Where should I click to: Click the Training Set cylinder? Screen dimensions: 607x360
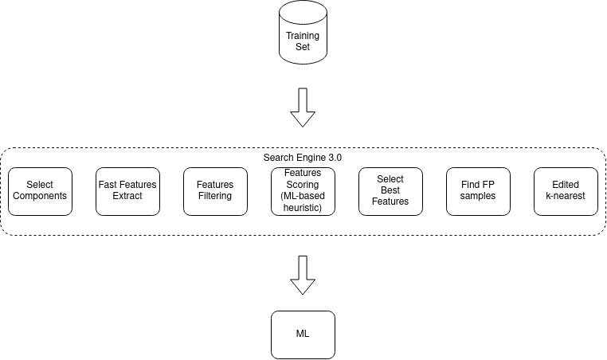tap(303, 32)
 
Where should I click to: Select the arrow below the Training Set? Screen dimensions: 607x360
tap(303, 108)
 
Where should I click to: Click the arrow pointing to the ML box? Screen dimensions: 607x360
tap(303, 276)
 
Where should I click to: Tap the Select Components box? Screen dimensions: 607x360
tap(41, 192)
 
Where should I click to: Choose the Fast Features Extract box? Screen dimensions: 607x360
tap(127, 192)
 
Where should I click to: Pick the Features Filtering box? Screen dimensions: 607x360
tap(215, 192)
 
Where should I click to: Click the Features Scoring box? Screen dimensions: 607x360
tap(303, 192)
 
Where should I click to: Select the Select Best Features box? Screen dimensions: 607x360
tap(390, 192)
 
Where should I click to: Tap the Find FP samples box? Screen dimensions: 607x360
tap(478, 192)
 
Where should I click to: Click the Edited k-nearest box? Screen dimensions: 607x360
tap(566, 192)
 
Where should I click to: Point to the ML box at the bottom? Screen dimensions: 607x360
tap(303, 335)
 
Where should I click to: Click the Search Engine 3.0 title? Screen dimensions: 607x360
tap(303, 158)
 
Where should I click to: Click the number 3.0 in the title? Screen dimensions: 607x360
tap(335, 158)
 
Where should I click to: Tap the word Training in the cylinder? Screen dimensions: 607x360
tap(303, 36)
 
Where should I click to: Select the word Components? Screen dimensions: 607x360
tap(40, 196)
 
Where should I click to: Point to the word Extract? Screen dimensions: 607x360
tap(127, 196)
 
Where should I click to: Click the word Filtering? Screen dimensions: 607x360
tap(215, 196)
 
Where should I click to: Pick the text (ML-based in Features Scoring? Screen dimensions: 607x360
tap(303, 196)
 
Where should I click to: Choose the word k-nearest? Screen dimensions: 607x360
tap(566, 196)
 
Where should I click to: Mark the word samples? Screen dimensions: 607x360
tap(478, 196)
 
